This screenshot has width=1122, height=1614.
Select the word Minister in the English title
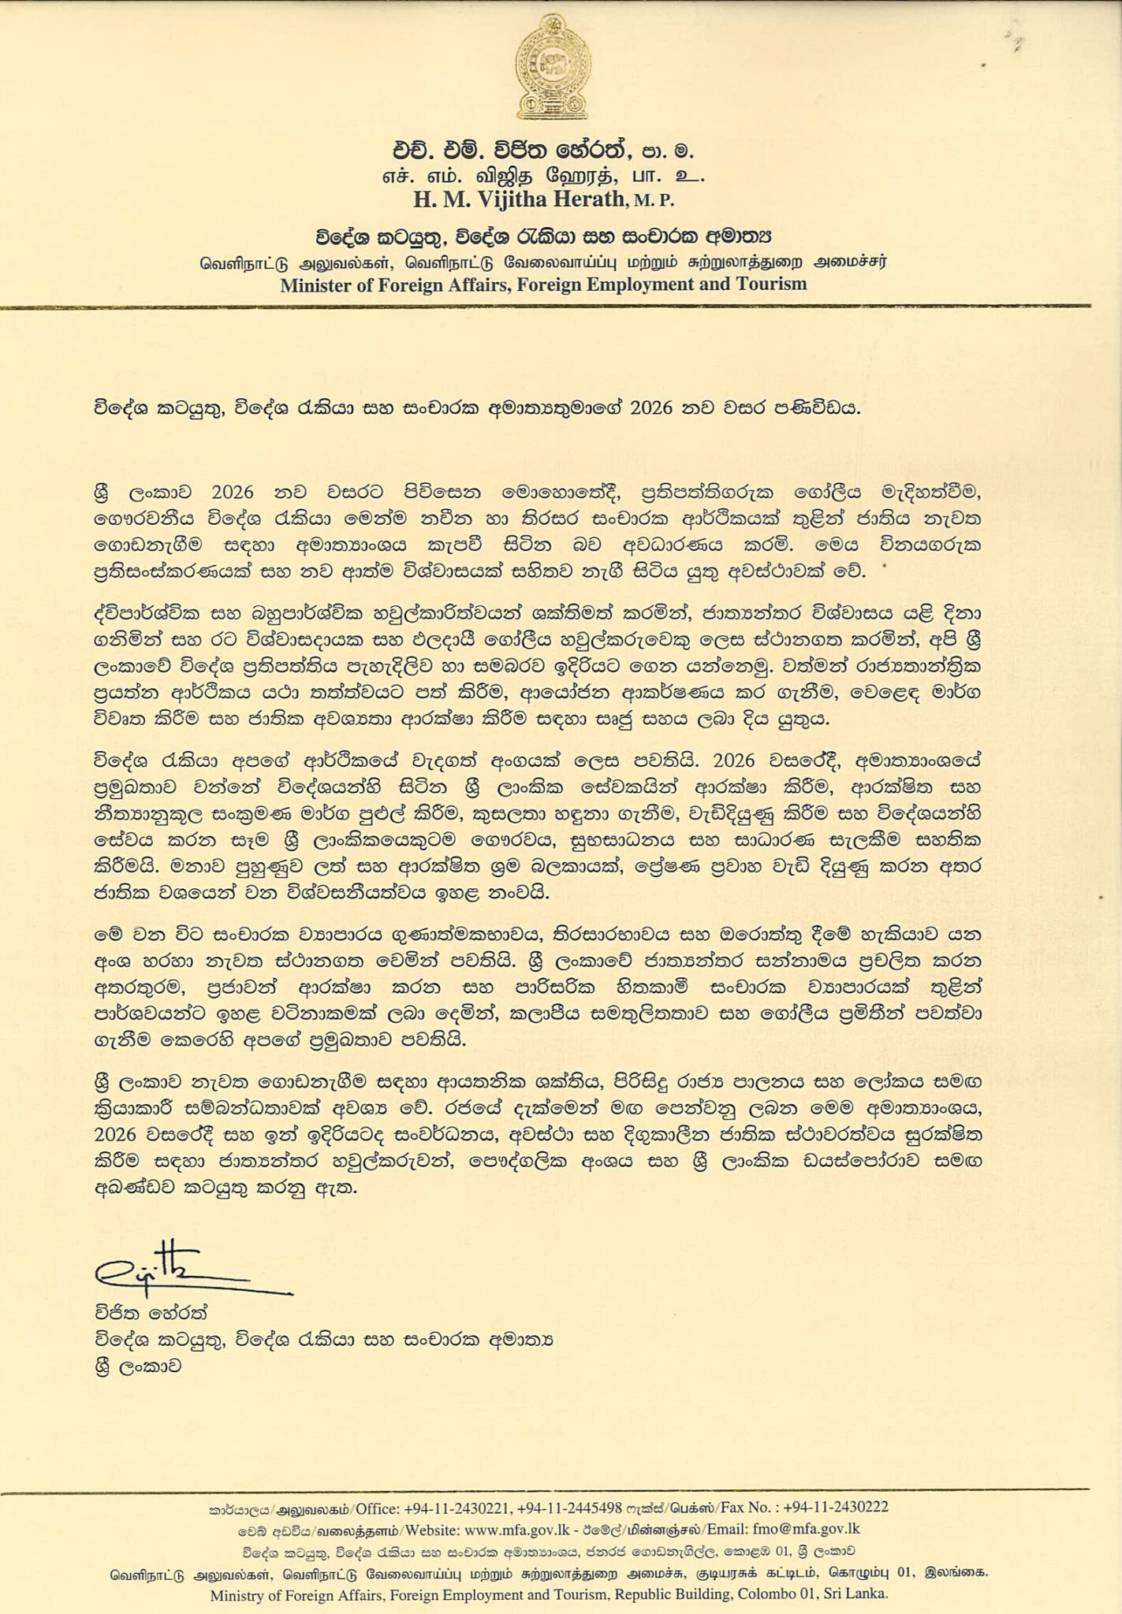[319, 284]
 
